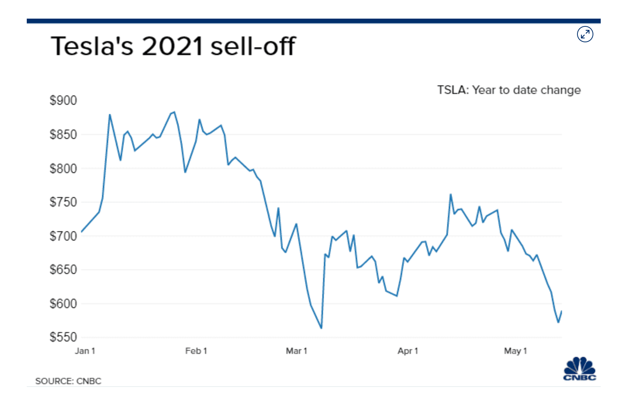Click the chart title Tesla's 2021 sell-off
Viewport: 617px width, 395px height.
[173, 46]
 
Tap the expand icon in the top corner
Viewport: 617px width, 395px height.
[585, 34]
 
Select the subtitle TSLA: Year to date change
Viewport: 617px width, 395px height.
[509, 90]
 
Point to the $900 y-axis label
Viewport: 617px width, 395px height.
[63, 100]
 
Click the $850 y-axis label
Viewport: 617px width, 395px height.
[63, 135]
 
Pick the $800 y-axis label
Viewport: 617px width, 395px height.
[63, 168]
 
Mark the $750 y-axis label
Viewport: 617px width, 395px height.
[63, 202]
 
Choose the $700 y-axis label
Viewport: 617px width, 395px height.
[63, 236]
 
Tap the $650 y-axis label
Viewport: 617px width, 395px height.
[63, 269]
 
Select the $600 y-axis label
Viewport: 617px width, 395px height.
[63, 303]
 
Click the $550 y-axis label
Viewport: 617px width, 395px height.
[63, 337]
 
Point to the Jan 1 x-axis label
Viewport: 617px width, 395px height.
[85, 351]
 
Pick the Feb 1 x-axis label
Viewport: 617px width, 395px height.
[196, 351]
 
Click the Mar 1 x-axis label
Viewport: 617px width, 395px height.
[296, 351]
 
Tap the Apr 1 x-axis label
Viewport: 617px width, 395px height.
[408, 351]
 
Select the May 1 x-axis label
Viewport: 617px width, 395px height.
[515, 351]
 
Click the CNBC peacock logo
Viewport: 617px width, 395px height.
[580, 369]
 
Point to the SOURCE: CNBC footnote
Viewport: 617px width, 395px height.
[68, 381]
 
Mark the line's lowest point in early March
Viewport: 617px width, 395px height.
[321, 328]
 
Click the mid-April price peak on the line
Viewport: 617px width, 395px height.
[451, 194]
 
